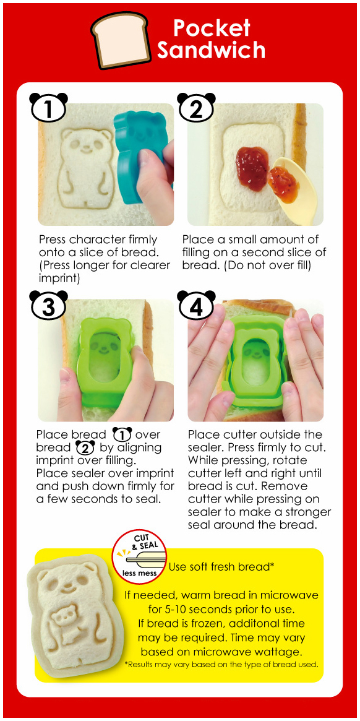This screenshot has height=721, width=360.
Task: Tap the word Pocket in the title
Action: (x=212, y=28)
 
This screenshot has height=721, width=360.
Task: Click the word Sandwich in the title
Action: (x=211, y=50)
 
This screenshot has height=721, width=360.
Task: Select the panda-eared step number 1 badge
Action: (x=48, y=109)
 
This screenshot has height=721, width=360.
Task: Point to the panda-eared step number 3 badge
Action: (x=49, y=305)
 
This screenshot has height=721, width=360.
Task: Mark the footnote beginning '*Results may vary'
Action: (x=221, y=665)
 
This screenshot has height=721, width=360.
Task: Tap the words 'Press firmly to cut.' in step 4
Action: (x=272, y=447)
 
